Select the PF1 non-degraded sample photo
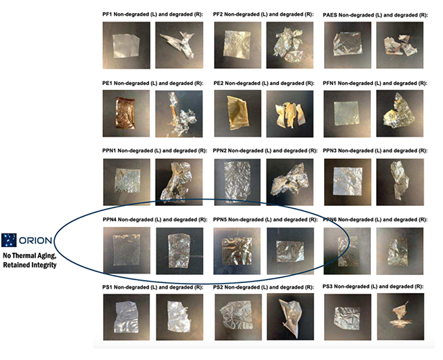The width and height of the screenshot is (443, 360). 126,45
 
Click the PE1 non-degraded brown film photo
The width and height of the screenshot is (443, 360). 126,113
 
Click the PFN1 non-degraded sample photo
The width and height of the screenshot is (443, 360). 346,113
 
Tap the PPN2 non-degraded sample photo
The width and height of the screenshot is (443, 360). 236,181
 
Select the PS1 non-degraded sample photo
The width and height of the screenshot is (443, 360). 126,317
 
